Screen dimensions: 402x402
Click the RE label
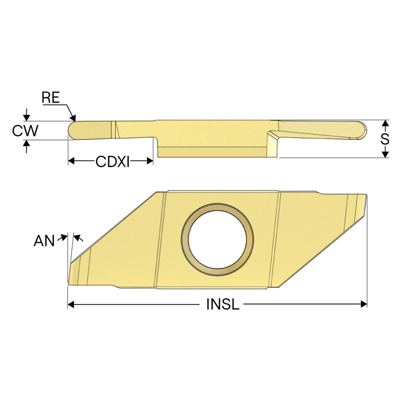(51, 97)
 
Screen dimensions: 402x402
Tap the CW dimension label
(25, 131)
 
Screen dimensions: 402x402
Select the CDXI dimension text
(112, 161)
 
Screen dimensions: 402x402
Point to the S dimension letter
(385, 139)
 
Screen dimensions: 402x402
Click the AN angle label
(44, 241)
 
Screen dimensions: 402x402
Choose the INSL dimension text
(223, 304)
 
